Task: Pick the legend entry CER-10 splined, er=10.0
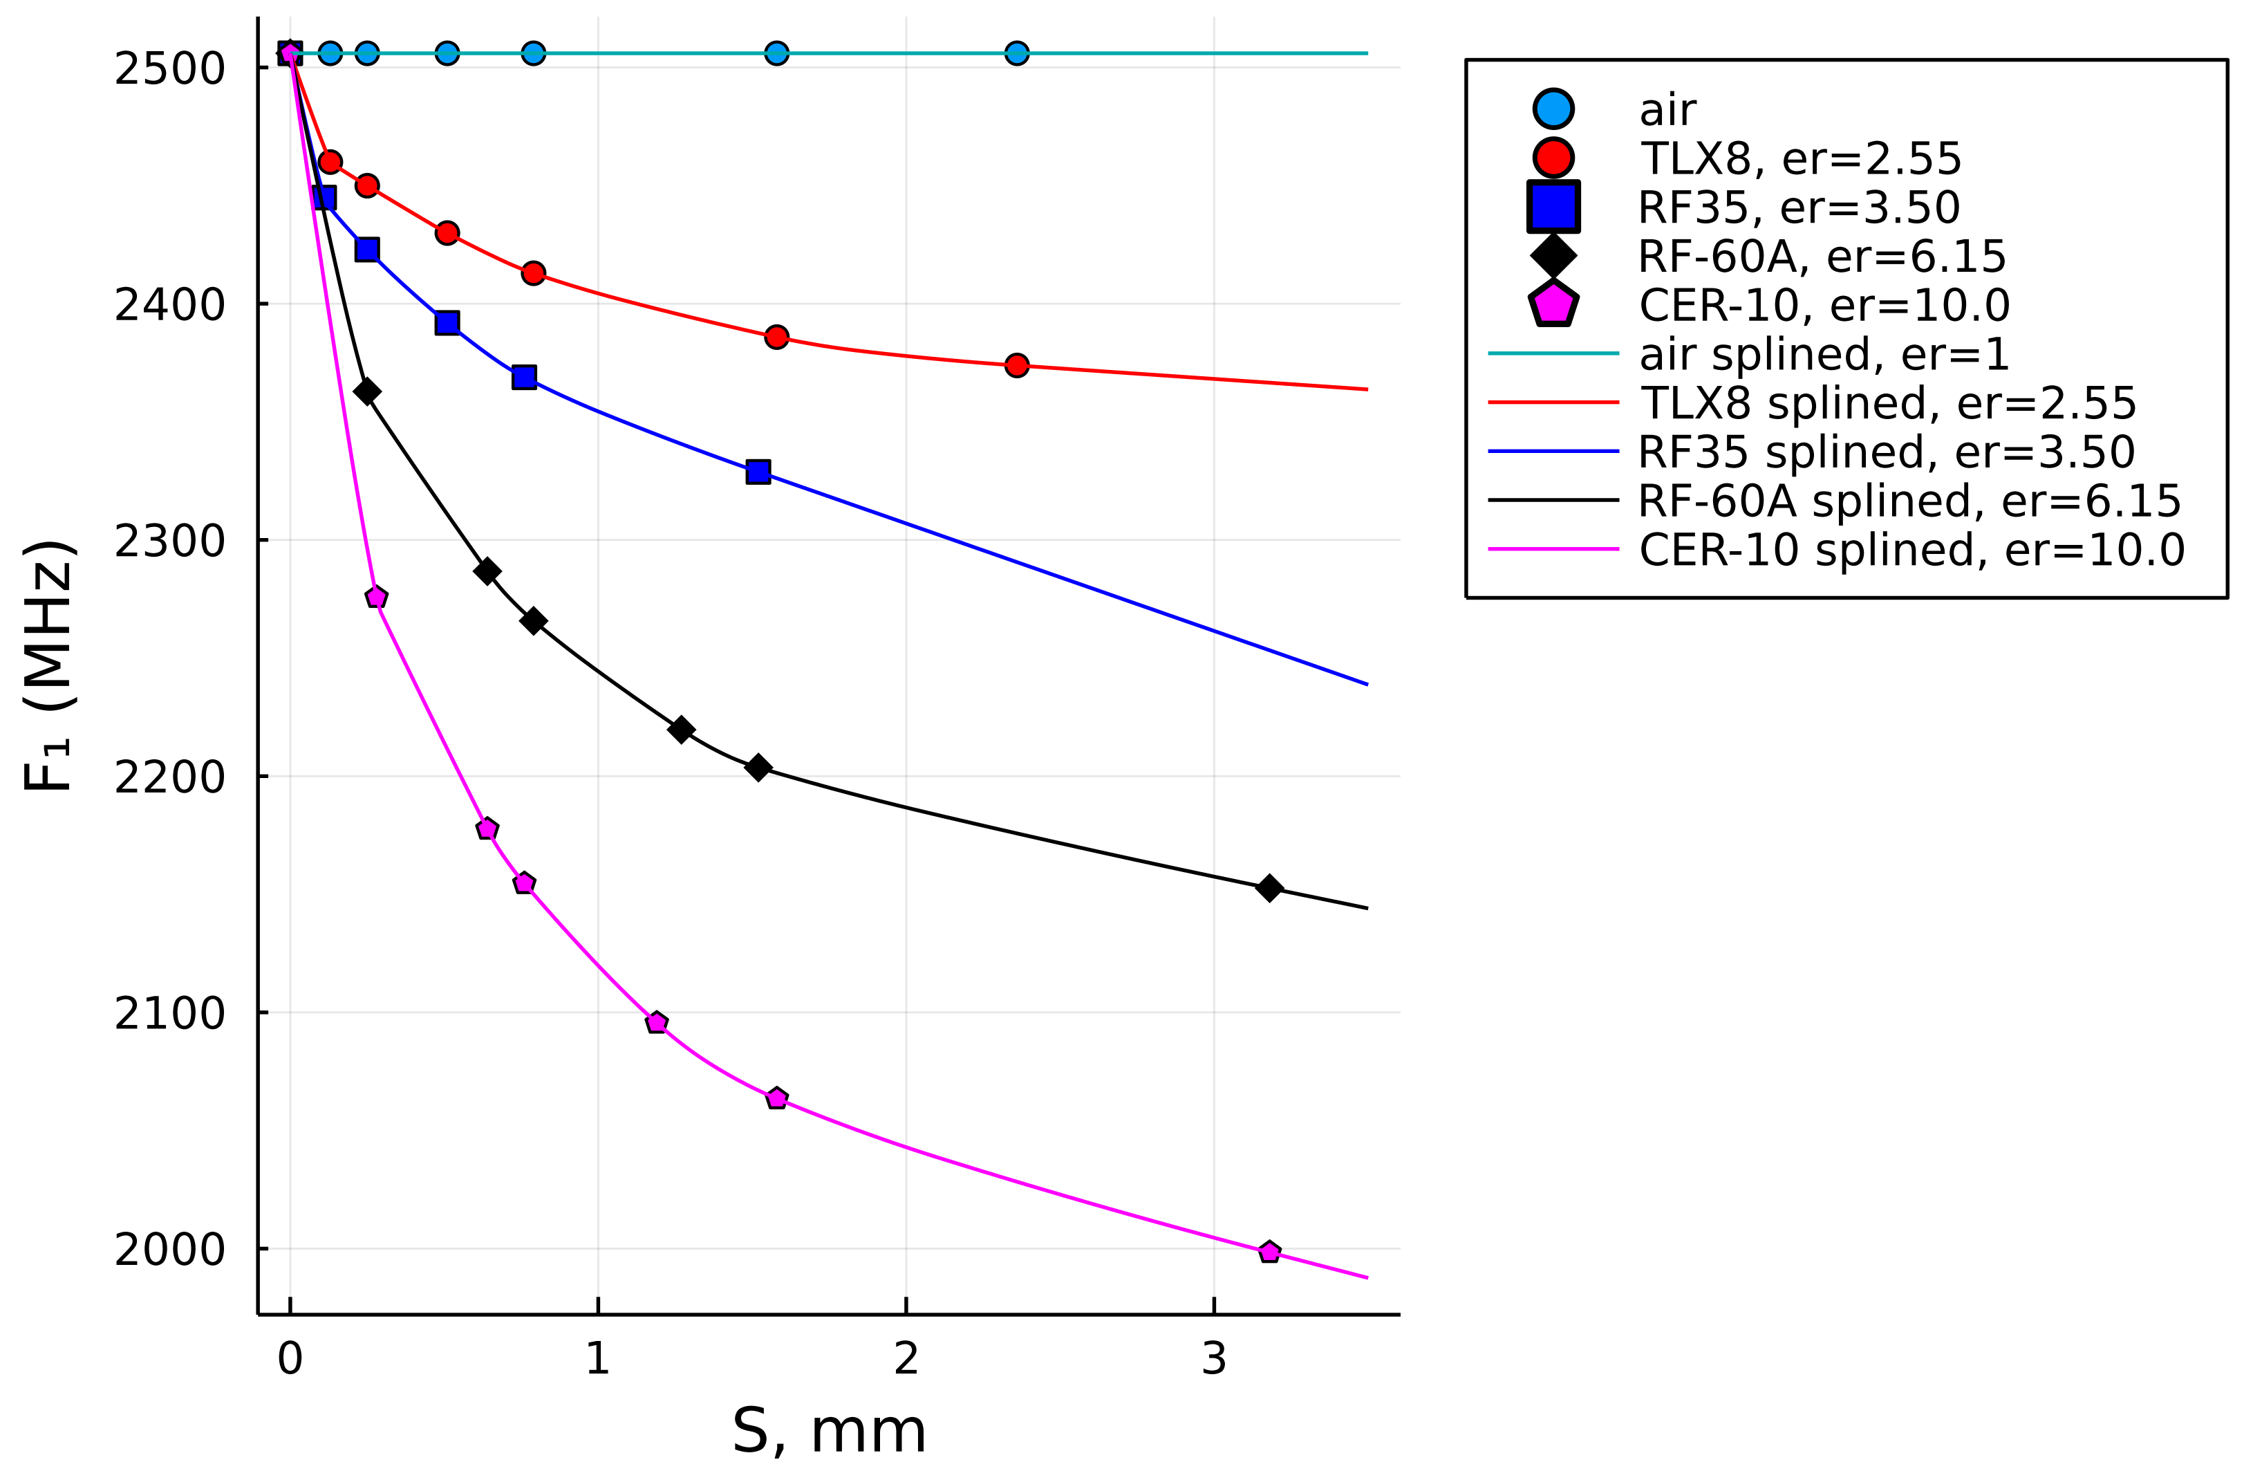click(1911, 550)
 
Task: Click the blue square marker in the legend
click(1553, 207)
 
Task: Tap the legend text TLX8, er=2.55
click(1800, 158)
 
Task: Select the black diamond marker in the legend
click(1553, 255)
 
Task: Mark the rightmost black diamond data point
click(1269, 887)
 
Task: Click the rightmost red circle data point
click(1016, 365)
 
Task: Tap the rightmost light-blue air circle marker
click(1016, 53)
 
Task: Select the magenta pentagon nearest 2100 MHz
click(657, 1023)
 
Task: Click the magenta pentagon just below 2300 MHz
click(376, 597)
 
